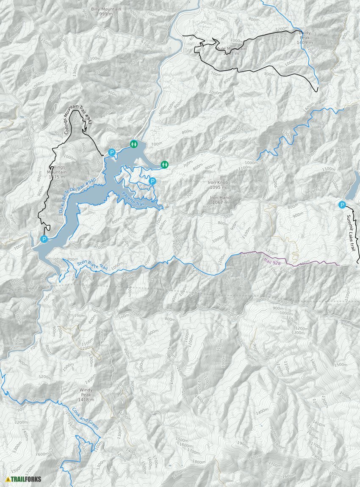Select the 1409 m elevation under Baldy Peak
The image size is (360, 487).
coord(307,43)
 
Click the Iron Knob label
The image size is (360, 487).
coord(218,182)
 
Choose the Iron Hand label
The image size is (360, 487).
coord(220,198)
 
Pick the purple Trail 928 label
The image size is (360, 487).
coord(271,262)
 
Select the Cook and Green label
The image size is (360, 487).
coord(85,419)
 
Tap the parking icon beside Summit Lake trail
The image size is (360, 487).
coord(342,205)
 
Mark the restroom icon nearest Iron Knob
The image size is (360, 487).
coord(164,164)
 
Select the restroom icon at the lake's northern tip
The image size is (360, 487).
coord(134,144)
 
